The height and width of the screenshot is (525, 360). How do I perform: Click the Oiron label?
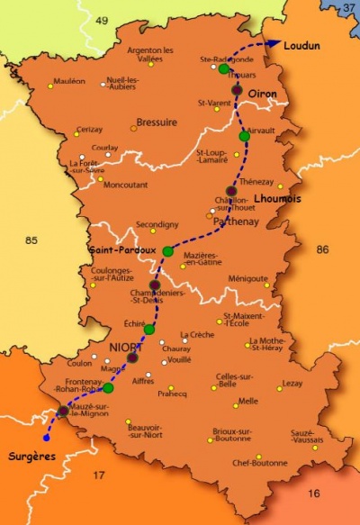[262, 94]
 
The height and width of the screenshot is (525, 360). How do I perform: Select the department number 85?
[32, 240]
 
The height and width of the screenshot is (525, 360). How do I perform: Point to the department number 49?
[101, 20]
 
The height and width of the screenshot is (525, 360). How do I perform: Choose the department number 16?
[313, 493]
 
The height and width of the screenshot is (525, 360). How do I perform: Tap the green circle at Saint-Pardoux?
[167, 251]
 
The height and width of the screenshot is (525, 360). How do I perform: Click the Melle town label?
[247, 401]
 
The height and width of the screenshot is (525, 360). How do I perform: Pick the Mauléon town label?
[69, 81]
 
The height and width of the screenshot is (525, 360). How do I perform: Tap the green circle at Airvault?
[244, 136]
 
